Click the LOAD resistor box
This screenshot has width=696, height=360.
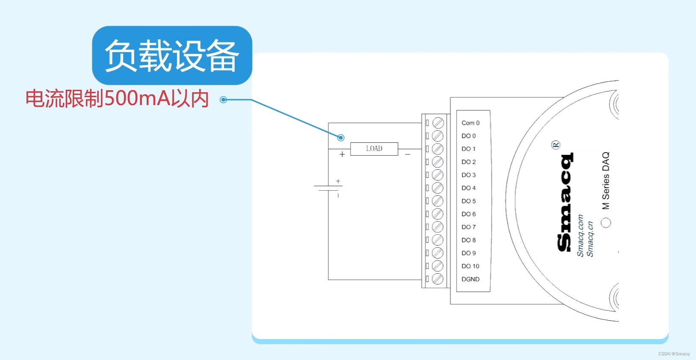tap(374, 149)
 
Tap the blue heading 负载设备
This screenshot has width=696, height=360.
tap(172, 56)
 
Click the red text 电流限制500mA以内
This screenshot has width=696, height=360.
tap(117, 99)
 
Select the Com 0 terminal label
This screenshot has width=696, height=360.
tap(470, 123)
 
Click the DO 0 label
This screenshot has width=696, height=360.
tap(469, 136)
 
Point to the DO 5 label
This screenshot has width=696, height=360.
tap(469, 201)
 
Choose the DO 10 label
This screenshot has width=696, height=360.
tap(470, 266)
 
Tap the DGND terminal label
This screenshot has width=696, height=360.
tap(470, 279)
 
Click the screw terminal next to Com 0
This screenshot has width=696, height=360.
tap(438, 123)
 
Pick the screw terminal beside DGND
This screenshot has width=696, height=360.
tap(438, 279)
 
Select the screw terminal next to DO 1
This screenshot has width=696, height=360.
tap(438, 149)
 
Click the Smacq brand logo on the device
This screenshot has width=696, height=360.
tap(565, 202)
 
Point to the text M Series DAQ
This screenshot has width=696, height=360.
tap(606, 181)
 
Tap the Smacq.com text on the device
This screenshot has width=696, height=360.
tap(580, 236)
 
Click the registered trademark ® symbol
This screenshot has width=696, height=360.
tap(556, 145)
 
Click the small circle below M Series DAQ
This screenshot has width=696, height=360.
tap(606, 223)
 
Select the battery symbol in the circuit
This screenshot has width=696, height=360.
tap(328, 188)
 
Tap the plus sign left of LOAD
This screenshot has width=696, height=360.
tap(342, 154)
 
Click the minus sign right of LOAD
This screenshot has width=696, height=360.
tap(408, 154)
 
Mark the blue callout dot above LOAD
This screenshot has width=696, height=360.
tap(341, 138)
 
